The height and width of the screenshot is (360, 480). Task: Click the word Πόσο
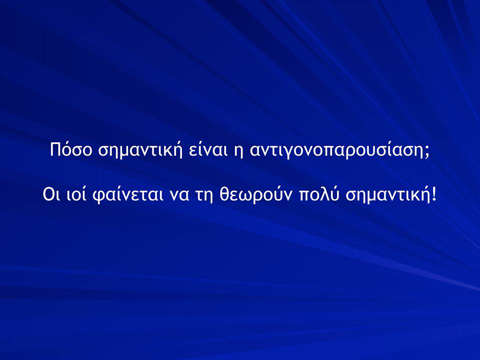pos(70,149)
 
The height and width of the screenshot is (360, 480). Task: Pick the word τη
pos(204,197)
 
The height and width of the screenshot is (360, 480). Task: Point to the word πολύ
pos(319,194)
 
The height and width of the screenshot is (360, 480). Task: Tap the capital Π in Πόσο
pos(55,149)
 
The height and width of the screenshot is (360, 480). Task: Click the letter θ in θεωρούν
pos(224,194)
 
